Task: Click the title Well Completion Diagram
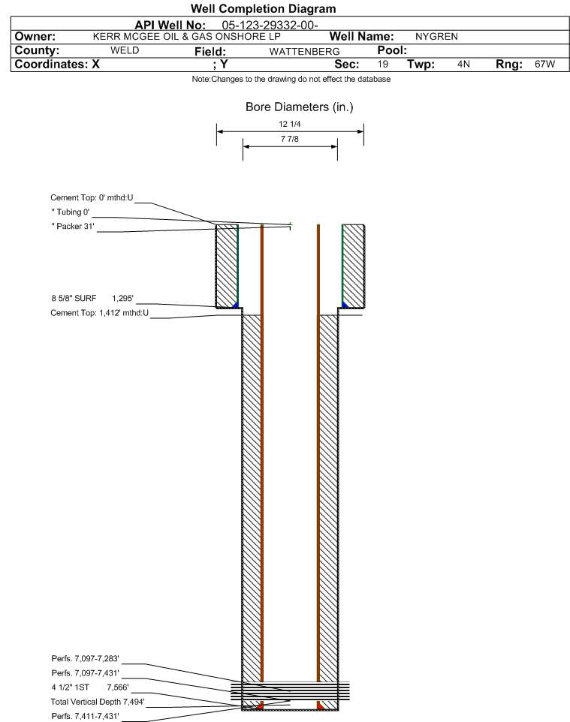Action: click(x=263, y=9)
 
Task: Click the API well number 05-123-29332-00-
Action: click(x=270, y=26)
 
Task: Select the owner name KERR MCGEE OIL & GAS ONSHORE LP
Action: click(x=187, y=36)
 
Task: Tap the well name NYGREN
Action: click(x=436, y=36)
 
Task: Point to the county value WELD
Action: click(x=125, y=50)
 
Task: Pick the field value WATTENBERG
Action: click(x=305, y=52)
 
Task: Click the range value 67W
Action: click(x=544, y=64)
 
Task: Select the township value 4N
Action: click(x=463, y=64)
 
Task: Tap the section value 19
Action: click(x=382, y=64)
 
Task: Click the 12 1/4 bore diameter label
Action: click(x=289, y=124)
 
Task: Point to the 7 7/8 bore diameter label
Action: click(x=289, y=139)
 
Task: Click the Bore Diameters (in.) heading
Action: click(x=299, y=107)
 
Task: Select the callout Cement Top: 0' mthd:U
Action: click(x=92, y=197)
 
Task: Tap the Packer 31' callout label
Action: click(x=73, y=226)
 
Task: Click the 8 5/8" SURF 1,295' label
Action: click(x=92, y=299)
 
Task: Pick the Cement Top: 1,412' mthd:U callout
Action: click(x=100, y=313)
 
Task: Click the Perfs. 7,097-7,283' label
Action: click(x=86, y=658)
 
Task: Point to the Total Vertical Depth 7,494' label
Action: click(x=98, y=702)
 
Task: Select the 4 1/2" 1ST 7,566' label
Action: click(x=90, y=687)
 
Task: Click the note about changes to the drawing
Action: click(x=291, y=80)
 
